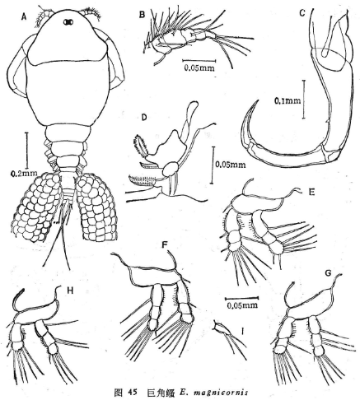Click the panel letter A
24,17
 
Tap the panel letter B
142,15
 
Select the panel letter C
302,13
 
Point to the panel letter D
144,118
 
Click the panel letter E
311,193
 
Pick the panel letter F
165,245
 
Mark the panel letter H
70,291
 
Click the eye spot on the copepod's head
68,22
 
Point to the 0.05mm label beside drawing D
231,165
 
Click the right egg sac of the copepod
96,208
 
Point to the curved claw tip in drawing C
259,100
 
